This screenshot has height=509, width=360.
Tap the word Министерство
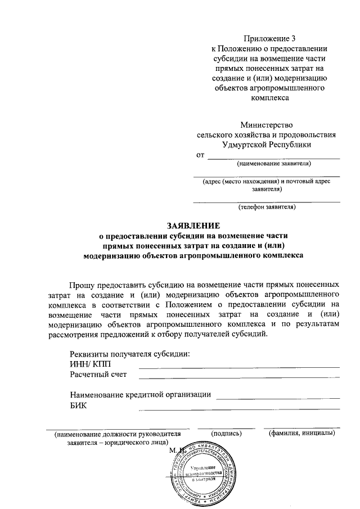click(x=267, y=125)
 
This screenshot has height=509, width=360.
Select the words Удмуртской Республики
click(x=267, y=145)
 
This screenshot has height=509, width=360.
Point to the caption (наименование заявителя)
click(x=274, y=164)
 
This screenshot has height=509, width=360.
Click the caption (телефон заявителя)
click(x=267, y=207)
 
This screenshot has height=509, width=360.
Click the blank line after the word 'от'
click(x=273, y=158)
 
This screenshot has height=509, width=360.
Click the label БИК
click(x=79, y=405)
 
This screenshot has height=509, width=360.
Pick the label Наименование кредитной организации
click(x=140, y=395)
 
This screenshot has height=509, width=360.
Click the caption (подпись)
click(x=226, y=434)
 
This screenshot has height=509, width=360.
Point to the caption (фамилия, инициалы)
click(x=302, y=434)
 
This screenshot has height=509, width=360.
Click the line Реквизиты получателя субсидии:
click(x=130, y=354)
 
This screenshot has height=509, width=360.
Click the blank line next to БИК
click(x=239, y=409)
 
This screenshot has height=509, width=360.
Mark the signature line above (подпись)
click(x=226, y=428)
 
